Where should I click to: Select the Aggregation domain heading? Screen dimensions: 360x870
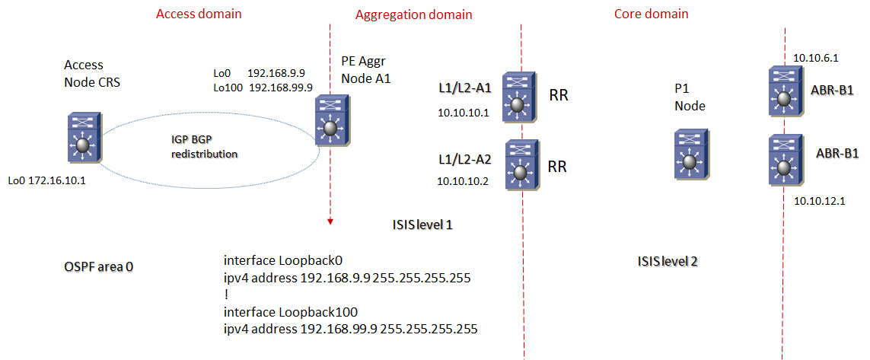click(x=414, y=14)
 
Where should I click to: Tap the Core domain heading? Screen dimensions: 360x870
click(x=651, y=14)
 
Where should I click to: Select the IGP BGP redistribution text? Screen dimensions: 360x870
click(x=204, y=147)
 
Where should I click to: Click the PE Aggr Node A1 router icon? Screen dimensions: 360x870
click(x=330, y=121)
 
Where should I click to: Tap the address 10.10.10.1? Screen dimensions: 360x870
click(x=464, y=113)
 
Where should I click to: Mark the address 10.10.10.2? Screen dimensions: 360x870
click(x=464, y=181)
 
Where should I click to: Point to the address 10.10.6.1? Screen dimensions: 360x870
click(x=815, y=57)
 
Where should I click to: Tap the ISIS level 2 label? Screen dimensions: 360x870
click(x=668, y=261)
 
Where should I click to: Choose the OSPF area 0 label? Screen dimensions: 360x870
click(x=99, y=267)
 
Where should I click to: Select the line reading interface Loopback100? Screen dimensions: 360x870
click(x=291, y=312)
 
